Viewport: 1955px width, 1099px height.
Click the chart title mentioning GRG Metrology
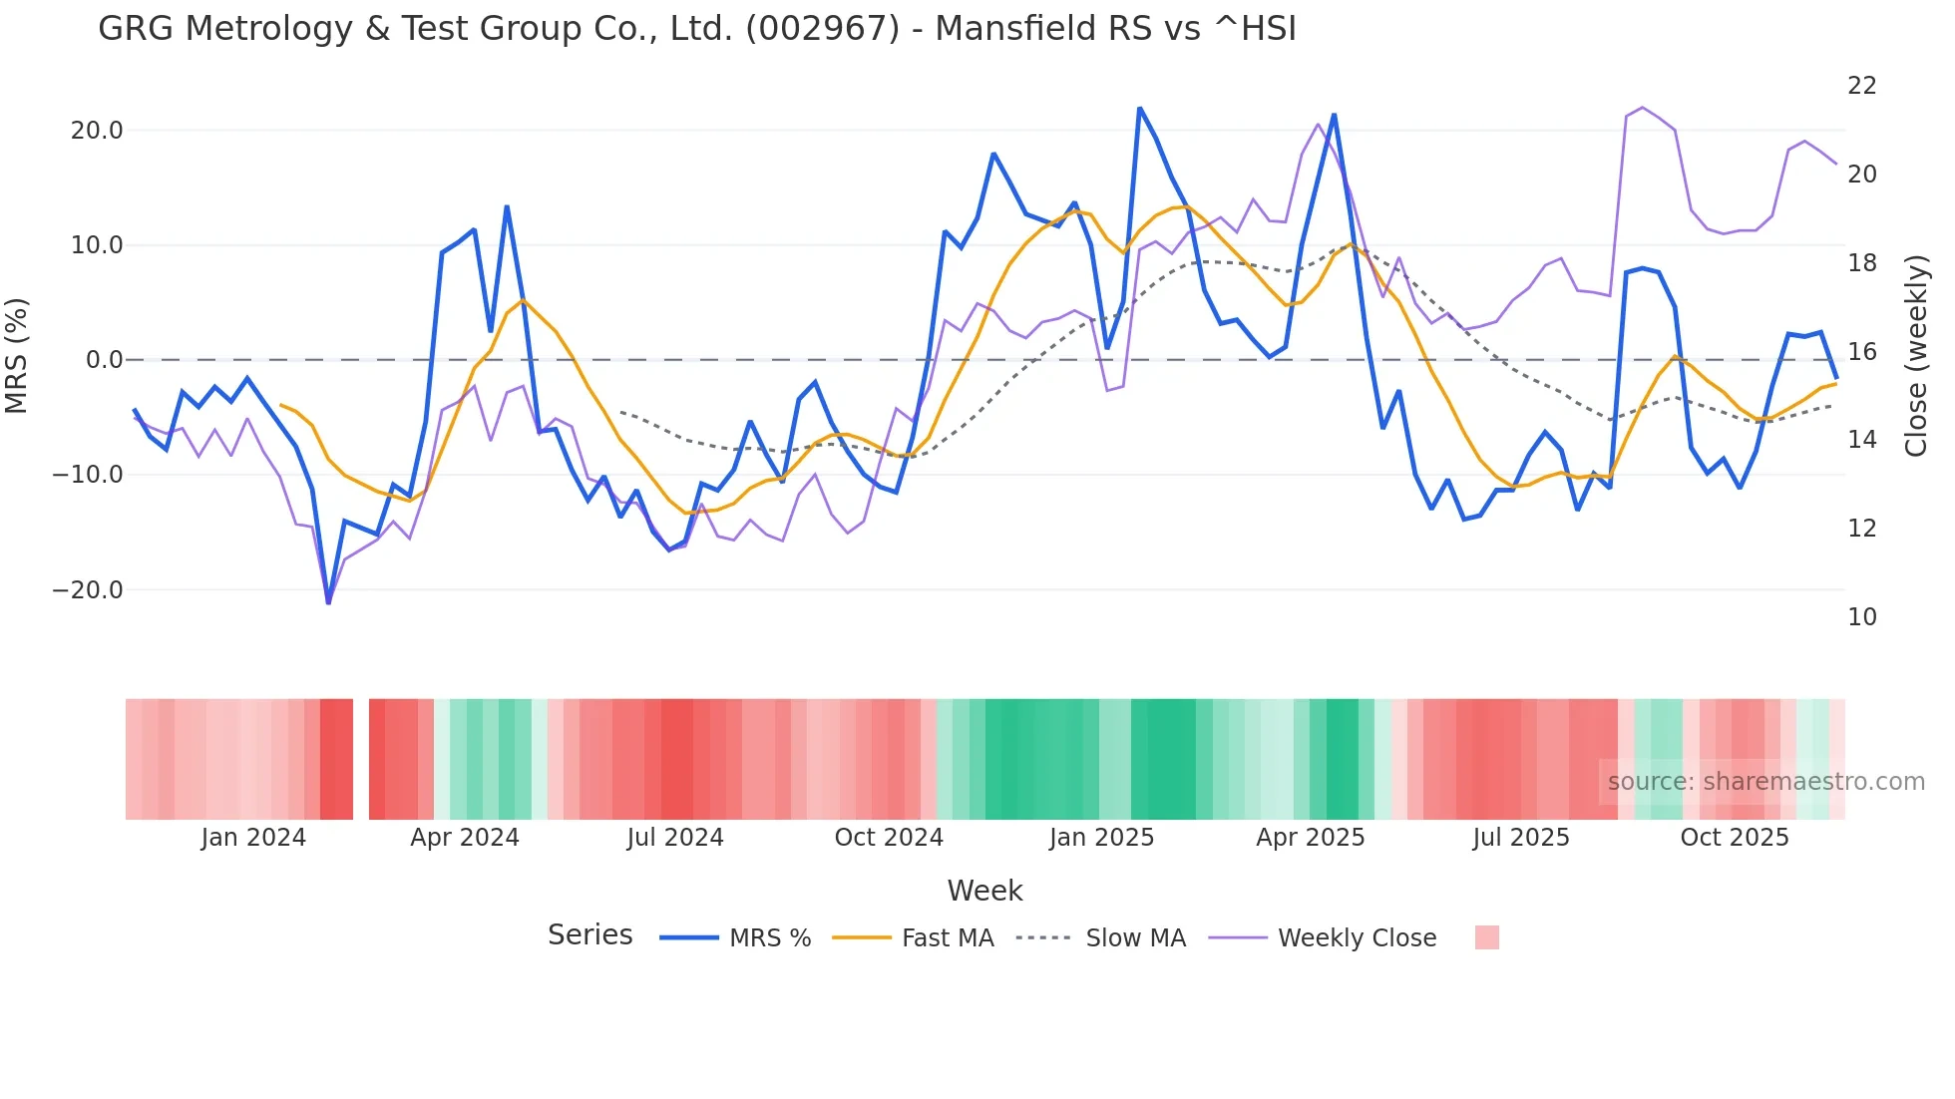[x=696, y=29]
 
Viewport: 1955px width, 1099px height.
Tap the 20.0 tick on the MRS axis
[x=97, y=131]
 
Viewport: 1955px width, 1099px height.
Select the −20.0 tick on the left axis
[x=89, y=590]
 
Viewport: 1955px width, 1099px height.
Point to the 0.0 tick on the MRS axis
[x=104, y=360]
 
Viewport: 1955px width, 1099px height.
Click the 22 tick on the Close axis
[x=1861, y=86]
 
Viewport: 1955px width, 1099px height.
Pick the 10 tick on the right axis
[x=1861, y=617]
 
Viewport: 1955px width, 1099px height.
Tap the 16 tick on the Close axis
[x=1861, y=352]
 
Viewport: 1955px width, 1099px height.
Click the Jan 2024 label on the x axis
[x=253, y=838]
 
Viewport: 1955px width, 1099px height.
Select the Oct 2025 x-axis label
[x=1734, y=838]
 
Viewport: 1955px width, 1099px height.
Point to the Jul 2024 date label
[x=675, y=838]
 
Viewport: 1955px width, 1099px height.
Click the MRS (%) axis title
[x=17, y=355]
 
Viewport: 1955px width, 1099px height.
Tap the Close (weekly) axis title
[x=1916, y=356]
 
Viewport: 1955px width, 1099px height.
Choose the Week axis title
[x=984, y=891]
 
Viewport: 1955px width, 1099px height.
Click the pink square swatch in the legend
[x=1486, y=937]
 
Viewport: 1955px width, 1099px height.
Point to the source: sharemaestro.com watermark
[x=1765, y=782]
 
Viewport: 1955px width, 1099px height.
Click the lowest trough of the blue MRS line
[x=328, y=601]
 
